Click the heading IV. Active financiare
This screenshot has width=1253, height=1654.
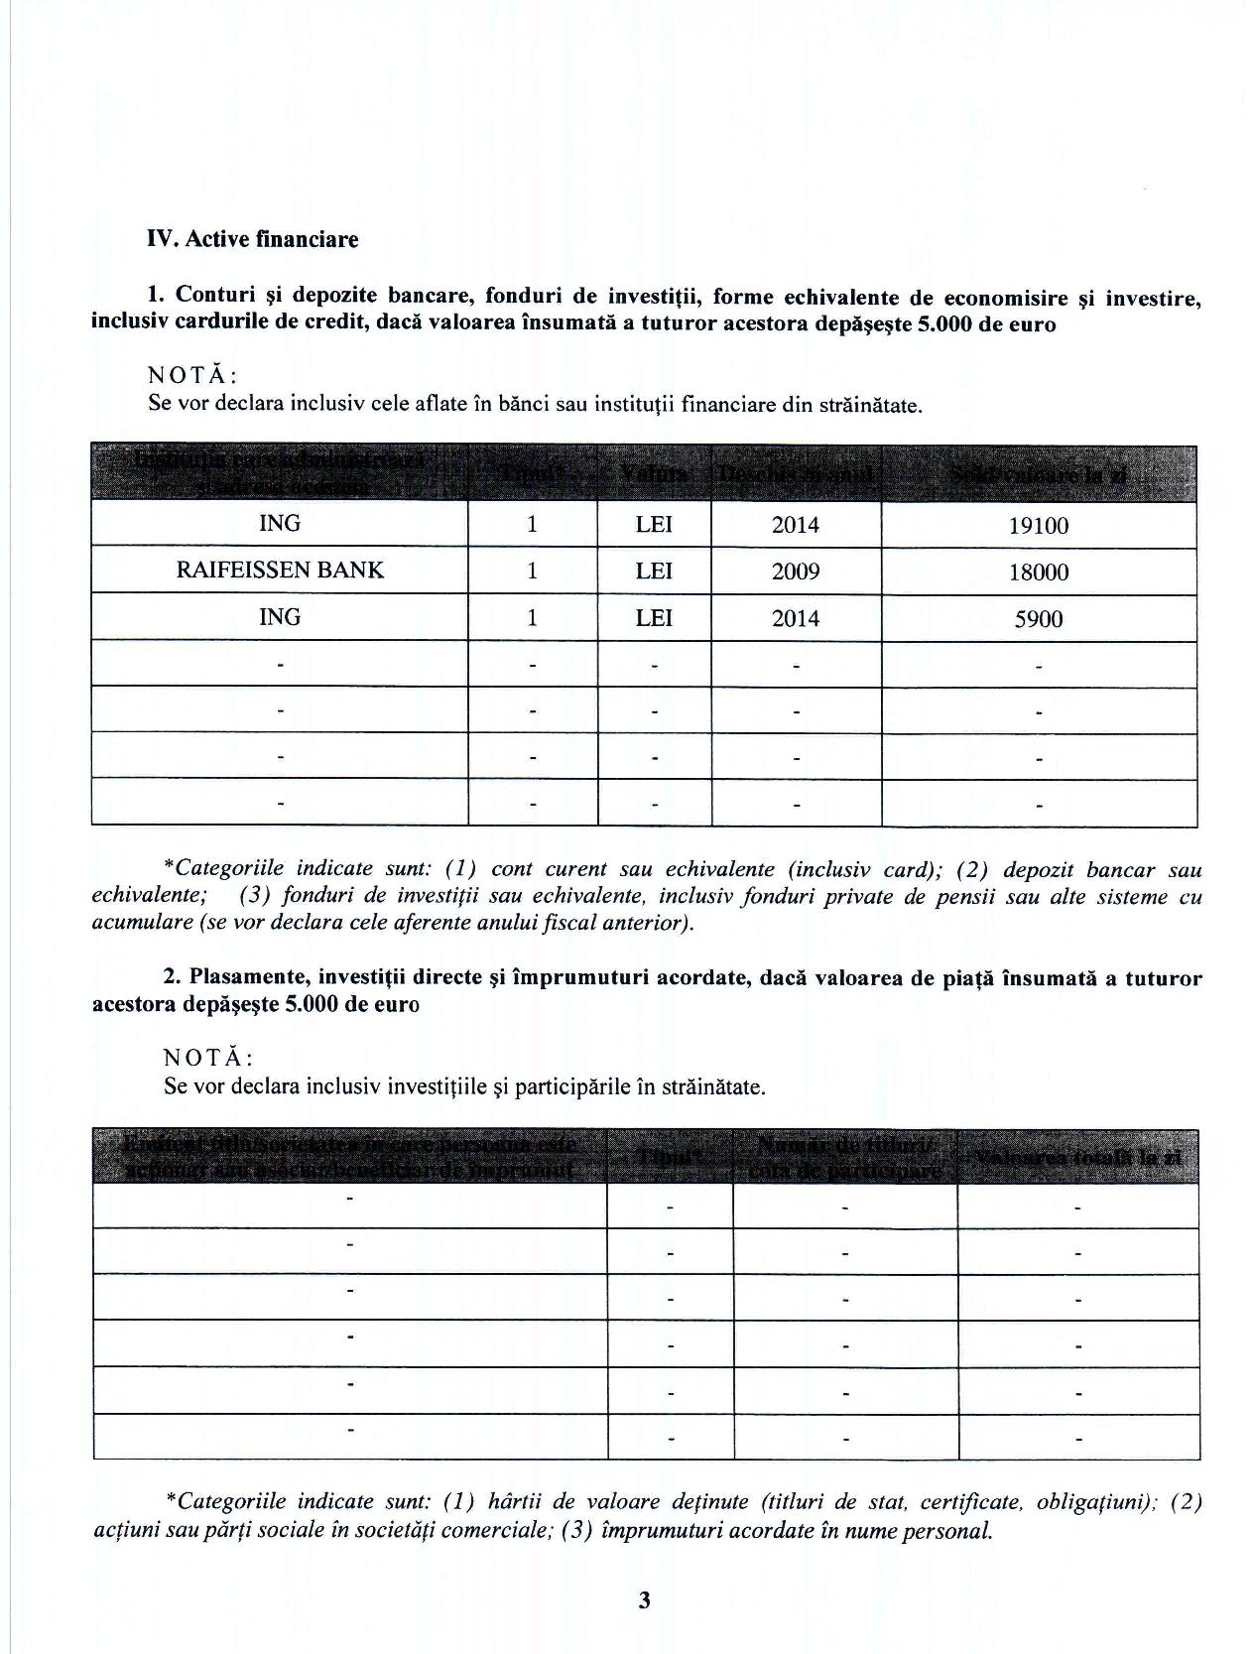coord(252,239)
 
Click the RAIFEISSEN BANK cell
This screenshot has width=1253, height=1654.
coord(279,571)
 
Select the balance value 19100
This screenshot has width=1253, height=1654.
coord(1038,526)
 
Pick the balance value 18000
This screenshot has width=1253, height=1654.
coord(1038,573)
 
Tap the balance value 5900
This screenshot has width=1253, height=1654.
coord(1038,619)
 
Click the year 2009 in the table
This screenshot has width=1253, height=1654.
coord(795,573)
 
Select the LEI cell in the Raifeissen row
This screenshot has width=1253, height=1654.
coord(653,572)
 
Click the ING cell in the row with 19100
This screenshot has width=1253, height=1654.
coord(279,524)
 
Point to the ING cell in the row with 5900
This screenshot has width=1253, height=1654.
coord(279,617)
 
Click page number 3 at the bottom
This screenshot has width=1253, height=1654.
coord(644,1599)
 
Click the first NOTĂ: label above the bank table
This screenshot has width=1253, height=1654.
coord(191,376)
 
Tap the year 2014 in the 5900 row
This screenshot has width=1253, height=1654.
coord(795,619)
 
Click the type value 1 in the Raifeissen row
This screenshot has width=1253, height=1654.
coord(532,572)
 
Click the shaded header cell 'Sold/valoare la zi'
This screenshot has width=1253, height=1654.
coord(1038,474)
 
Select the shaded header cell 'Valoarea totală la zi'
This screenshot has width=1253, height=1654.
coord(1077,1157)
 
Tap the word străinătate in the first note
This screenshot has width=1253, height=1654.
coord(869,406)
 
